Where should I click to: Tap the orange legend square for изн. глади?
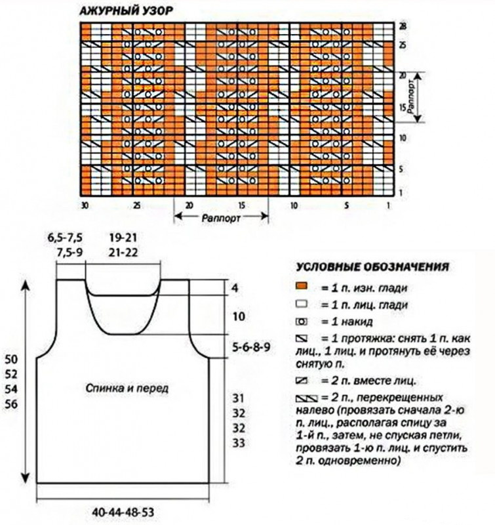(x=302, y=287)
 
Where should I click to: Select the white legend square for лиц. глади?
(x=302, y=304)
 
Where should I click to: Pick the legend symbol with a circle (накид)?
(x=302, y=322)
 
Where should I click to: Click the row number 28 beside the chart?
(x=404, y=26)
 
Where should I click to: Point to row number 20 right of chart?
(x=403, y=76)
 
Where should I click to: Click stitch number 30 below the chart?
(x=84, y=205)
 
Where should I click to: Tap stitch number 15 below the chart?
(x=241, y=205)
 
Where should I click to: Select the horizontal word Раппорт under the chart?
(x=220, y=217)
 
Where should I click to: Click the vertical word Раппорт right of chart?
(x=412, y=97)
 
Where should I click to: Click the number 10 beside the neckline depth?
(x=238, y=316)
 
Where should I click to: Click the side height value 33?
(x=238, y=443)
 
